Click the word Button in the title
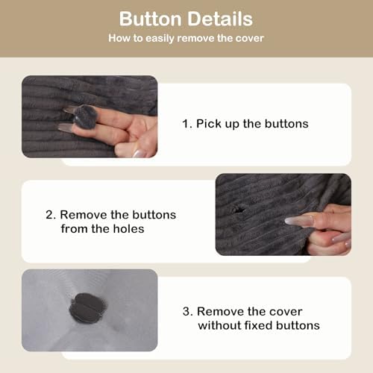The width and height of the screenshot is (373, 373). (x=151, y=19)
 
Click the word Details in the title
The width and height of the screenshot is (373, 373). (x=220, y=19)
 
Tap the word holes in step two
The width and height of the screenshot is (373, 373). (x=128, y=229)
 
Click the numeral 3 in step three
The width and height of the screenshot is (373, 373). (x=187, y=312)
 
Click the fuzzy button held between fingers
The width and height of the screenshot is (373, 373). (x=85, y=116)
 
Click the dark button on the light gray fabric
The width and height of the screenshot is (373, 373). (x=88, y=308)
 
